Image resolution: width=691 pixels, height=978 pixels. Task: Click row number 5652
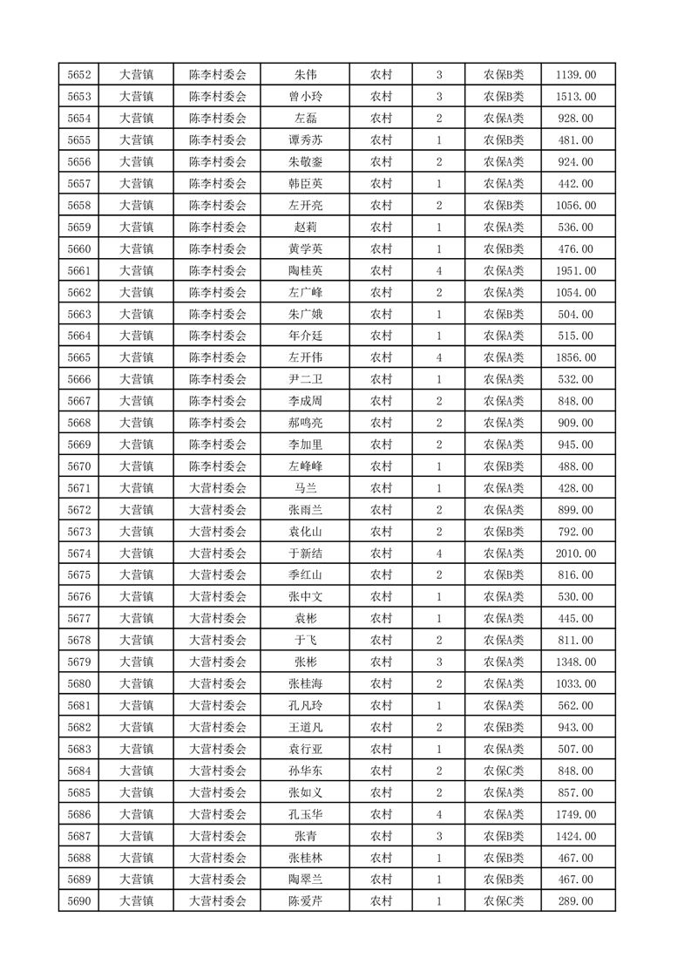point(80,75)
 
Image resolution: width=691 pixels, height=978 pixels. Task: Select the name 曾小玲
point(305,97)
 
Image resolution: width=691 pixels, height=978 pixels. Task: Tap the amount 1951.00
point(575,271)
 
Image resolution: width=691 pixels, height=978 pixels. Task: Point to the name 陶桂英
point(305,271)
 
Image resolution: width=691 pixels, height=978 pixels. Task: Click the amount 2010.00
point(575,554)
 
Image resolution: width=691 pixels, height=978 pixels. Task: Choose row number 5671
point(80,488)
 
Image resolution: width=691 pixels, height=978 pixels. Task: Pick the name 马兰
point(305,488)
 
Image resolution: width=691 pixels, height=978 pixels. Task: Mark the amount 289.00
point(575,901)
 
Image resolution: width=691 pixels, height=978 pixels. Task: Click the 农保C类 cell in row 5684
point(504,771)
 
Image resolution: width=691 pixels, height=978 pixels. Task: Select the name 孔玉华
point(305,814)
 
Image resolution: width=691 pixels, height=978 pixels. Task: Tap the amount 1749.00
point(575,814)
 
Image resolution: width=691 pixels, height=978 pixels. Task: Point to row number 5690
point(80,901)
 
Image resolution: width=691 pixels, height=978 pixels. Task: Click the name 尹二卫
point(305,379)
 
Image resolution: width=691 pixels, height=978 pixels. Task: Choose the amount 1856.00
point(575,357)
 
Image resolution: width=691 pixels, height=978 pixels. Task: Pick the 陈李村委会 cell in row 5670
point(218,466)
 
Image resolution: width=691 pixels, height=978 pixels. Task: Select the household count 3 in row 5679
point(439,662)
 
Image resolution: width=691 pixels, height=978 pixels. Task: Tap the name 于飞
point(305,641)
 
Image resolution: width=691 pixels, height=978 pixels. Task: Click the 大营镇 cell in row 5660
point(136,249)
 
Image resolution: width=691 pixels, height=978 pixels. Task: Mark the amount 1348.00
point(575,662)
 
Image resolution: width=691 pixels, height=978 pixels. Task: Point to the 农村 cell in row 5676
point(381,597)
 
